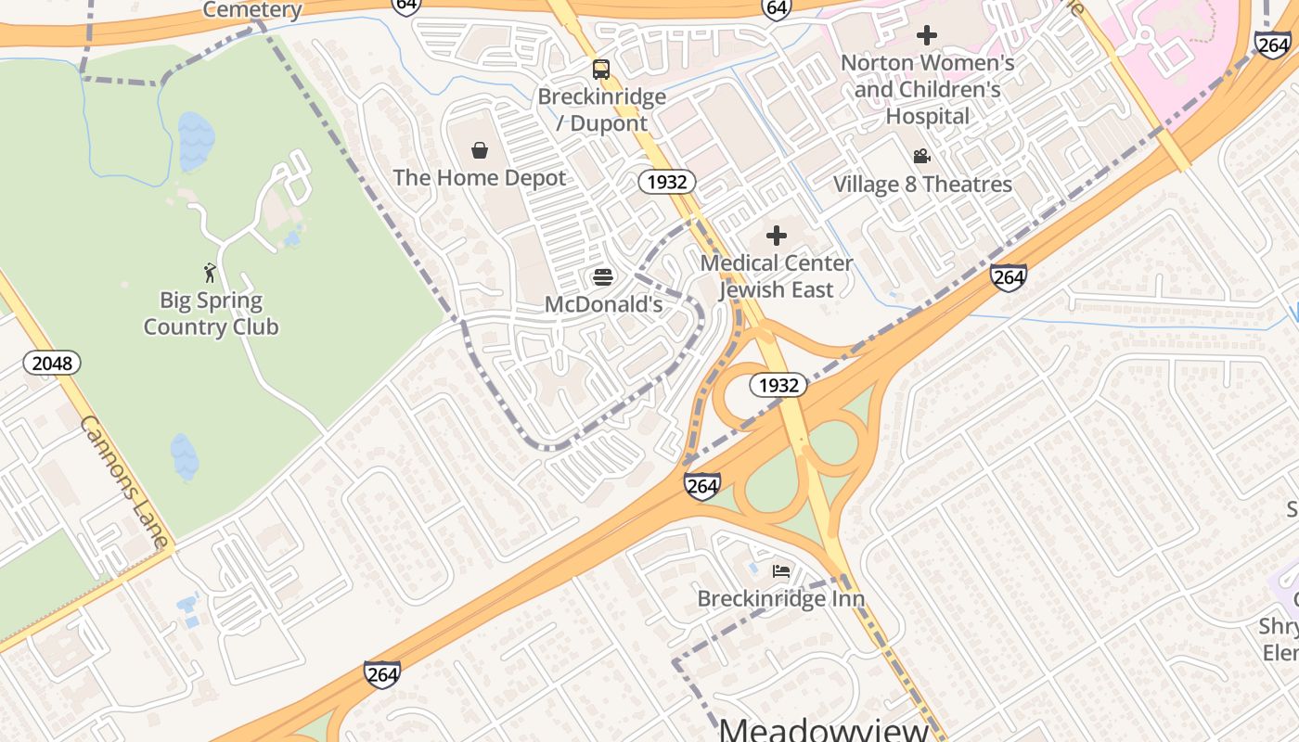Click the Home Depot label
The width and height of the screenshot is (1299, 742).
[479, 178]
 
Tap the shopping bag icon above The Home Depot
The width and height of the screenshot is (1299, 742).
[480, 150]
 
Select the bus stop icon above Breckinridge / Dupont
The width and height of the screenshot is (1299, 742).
[601, 69]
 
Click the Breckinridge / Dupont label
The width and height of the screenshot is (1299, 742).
[602, 109]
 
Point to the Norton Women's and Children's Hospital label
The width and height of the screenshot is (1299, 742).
[927, 90]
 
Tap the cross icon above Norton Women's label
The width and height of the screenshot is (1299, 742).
[926, 36]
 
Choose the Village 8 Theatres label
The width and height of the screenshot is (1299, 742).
[922, 185]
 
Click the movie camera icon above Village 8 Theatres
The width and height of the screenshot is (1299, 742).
[921, 157]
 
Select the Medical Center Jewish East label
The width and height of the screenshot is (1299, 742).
[777, 276]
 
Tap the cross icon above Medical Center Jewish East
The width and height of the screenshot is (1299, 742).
[777, 236]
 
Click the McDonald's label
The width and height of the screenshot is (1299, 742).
[603, 304]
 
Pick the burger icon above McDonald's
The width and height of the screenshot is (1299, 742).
[603, 276]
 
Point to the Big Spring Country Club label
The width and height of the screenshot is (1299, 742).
[211, 313]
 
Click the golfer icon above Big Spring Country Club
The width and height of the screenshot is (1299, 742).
[210, 273]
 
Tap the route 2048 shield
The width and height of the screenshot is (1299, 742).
[52, 363]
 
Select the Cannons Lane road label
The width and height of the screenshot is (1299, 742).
[124, 481]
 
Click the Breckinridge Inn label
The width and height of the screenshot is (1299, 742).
[781, 599]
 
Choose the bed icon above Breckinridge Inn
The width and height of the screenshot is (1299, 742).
[781, 570]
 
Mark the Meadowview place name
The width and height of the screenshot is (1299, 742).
[824, 729]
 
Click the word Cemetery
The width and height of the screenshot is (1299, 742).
[252, 10]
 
